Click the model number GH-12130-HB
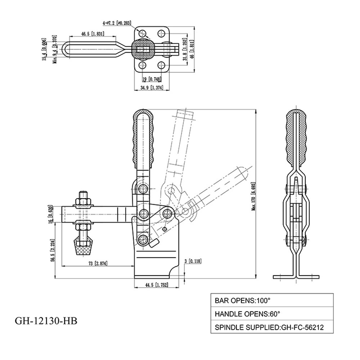[x=46, y=321]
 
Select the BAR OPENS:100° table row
[x=272, y=300]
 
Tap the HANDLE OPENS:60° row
[x=272, y=314]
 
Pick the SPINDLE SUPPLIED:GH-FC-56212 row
[x=272, y=327]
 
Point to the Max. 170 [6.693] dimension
[x=253, y=197]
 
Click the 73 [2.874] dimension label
[x=98, y=263]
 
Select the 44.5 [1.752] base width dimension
[x=157, y=285]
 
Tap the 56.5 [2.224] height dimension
[x=53, y=251]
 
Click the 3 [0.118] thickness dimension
[x=193, y=261]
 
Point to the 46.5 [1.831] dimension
[x=93, y=34]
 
